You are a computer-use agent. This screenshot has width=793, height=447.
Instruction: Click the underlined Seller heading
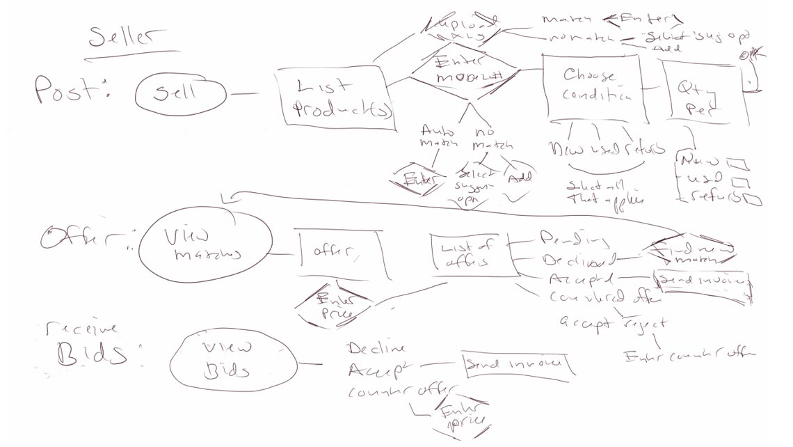[x=127, y=39]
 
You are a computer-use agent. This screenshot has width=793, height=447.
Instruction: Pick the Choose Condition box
[x=591, y=86]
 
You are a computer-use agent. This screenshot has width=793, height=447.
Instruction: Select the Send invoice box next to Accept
[x=518, y=364]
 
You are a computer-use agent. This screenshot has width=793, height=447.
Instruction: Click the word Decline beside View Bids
[x=376, y=348]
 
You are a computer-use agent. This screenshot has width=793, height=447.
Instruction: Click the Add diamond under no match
[x=519, y=178]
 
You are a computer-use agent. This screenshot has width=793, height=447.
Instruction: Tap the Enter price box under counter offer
[x=457, y=416]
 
